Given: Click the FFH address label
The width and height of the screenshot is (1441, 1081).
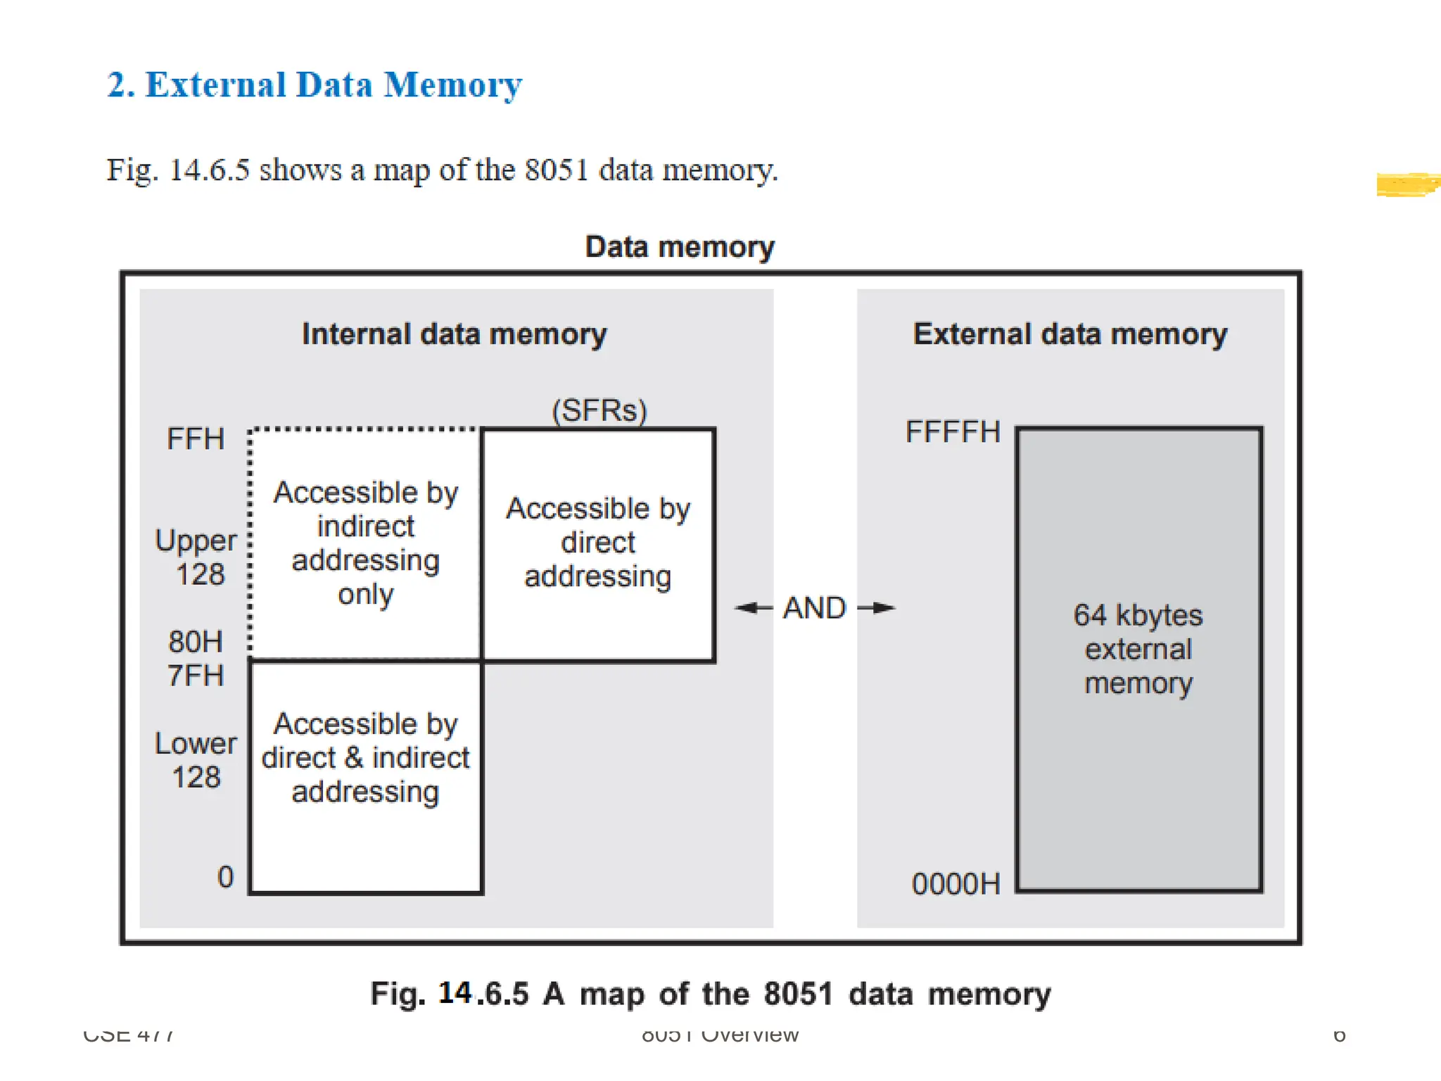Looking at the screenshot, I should tap(195, 438).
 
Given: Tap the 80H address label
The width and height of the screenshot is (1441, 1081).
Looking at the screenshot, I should tap(195, 641).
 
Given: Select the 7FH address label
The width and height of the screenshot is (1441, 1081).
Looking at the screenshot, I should tap(195, 675).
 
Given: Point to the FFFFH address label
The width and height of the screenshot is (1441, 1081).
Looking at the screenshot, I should tap(953, 431).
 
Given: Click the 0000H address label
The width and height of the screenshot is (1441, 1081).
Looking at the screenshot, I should tap(956, 883).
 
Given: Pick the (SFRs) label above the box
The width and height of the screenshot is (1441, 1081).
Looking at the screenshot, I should tap(599, 410).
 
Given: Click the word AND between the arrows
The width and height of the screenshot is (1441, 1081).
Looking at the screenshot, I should tap(814, 607).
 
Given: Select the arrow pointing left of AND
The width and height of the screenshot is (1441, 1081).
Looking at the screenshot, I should tap(754, 607).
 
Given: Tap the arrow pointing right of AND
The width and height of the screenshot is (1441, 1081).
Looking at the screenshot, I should tap(876, 607).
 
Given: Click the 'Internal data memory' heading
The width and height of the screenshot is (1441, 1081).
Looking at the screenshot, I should tap(454, 334).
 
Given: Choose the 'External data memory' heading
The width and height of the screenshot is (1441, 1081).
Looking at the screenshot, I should tap(1069, 334).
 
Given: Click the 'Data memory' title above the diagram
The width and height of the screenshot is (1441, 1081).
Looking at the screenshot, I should tap(680, 247).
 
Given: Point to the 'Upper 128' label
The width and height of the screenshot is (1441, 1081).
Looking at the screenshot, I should tap(196, 557).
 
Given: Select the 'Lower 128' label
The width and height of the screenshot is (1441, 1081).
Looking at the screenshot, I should tap(196, 760).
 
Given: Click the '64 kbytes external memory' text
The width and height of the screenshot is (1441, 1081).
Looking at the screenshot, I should tap(1138, 649).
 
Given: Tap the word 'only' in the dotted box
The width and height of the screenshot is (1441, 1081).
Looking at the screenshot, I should tap(365, 594).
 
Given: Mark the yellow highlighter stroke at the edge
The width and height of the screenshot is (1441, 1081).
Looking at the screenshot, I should tap(1407, 184).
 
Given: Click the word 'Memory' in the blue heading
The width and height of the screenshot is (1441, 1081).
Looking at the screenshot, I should tap(452, 85).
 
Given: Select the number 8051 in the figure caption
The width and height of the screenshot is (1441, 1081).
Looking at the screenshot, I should tap(798, 994).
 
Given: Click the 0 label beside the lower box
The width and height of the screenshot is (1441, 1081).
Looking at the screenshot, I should tap(225, 877).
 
